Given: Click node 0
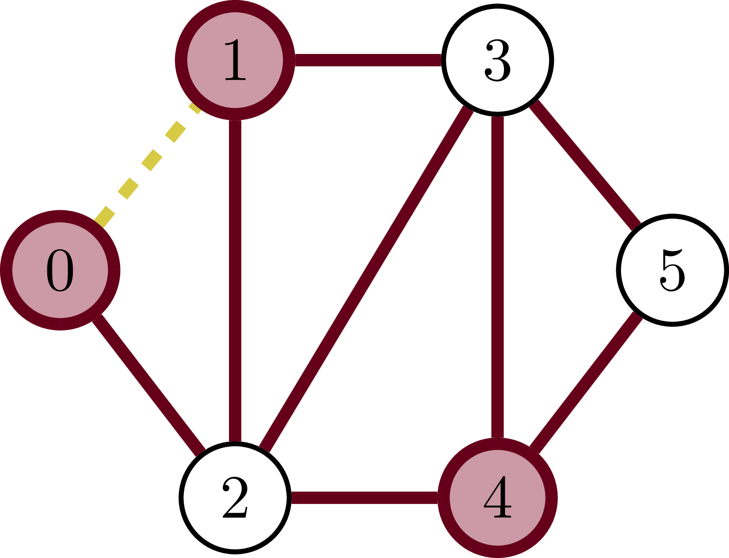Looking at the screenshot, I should click(x=60, y=270).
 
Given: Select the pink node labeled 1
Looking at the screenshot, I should click(x=235, y=60).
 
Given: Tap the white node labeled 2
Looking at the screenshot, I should click(x=235, y=498).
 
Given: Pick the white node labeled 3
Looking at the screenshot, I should click(x=497, y=60).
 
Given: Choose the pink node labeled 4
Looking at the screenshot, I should click(x=497, y=498).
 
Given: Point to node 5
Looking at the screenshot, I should click(x=672, y=270).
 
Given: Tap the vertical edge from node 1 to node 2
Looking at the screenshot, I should click(x=235, y=281).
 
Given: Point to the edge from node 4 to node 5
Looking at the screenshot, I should click(x=586, y=382).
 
